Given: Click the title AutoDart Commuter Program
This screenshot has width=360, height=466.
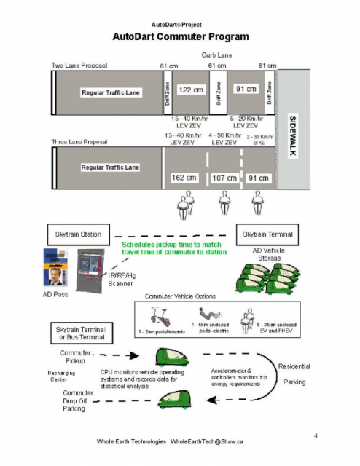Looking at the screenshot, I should pyautogui.click(x=180, y=36).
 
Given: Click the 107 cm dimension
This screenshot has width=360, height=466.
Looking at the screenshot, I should pyautogui.click(x=224, y=178).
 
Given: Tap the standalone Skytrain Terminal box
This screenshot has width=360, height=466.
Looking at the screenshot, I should pyautogui.click(x=268, y=234).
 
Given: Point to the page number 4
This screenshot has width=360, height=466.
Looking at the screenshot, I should pyautogui.click(x=315, y=435).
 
